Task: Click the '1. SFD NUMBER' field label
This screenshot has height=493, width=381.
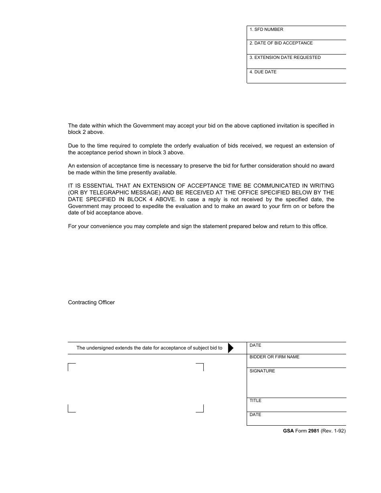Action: pyautogui.click(x=266, y=30)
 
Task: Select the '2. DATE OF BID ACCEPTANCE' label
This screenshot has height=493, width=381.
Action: pyautogui.click(x=281, y=43)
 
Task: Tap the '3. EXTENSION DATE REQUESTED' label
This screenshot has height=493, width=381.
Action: pyautogui.click(x=285, y=58)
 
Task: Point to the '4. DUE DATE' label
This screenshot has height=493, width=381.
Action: pyautogui.click(x=263, y=72)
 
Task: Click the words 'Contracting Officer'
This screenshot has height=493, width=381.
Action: pyautogui.click(x=91, y=303)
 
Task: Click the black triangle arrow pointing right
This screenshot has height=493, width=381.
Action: pyautogui.click(x=231, y=348)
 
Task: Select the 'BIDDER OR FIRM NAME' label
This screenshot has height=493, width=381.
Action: pyautogui.click(x=274, y=357)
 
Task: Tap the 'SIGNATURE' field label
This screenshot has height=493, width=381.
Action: pyautogui.click(x=262, y=371)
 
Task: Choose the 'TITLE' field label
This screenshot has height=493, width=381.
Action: pyautogui.click(x=255, y=401)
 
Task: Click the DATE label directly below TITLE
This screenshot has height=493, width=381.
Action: pyautogui.click(x=255, y=415)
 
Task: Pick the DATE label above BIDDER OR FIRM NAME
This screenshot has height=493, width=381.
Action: pyautogui.click(x=255, y=346)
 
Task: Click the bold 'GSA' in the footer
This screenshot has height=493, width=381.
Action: pyautogui.click(x=288, y=431)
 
